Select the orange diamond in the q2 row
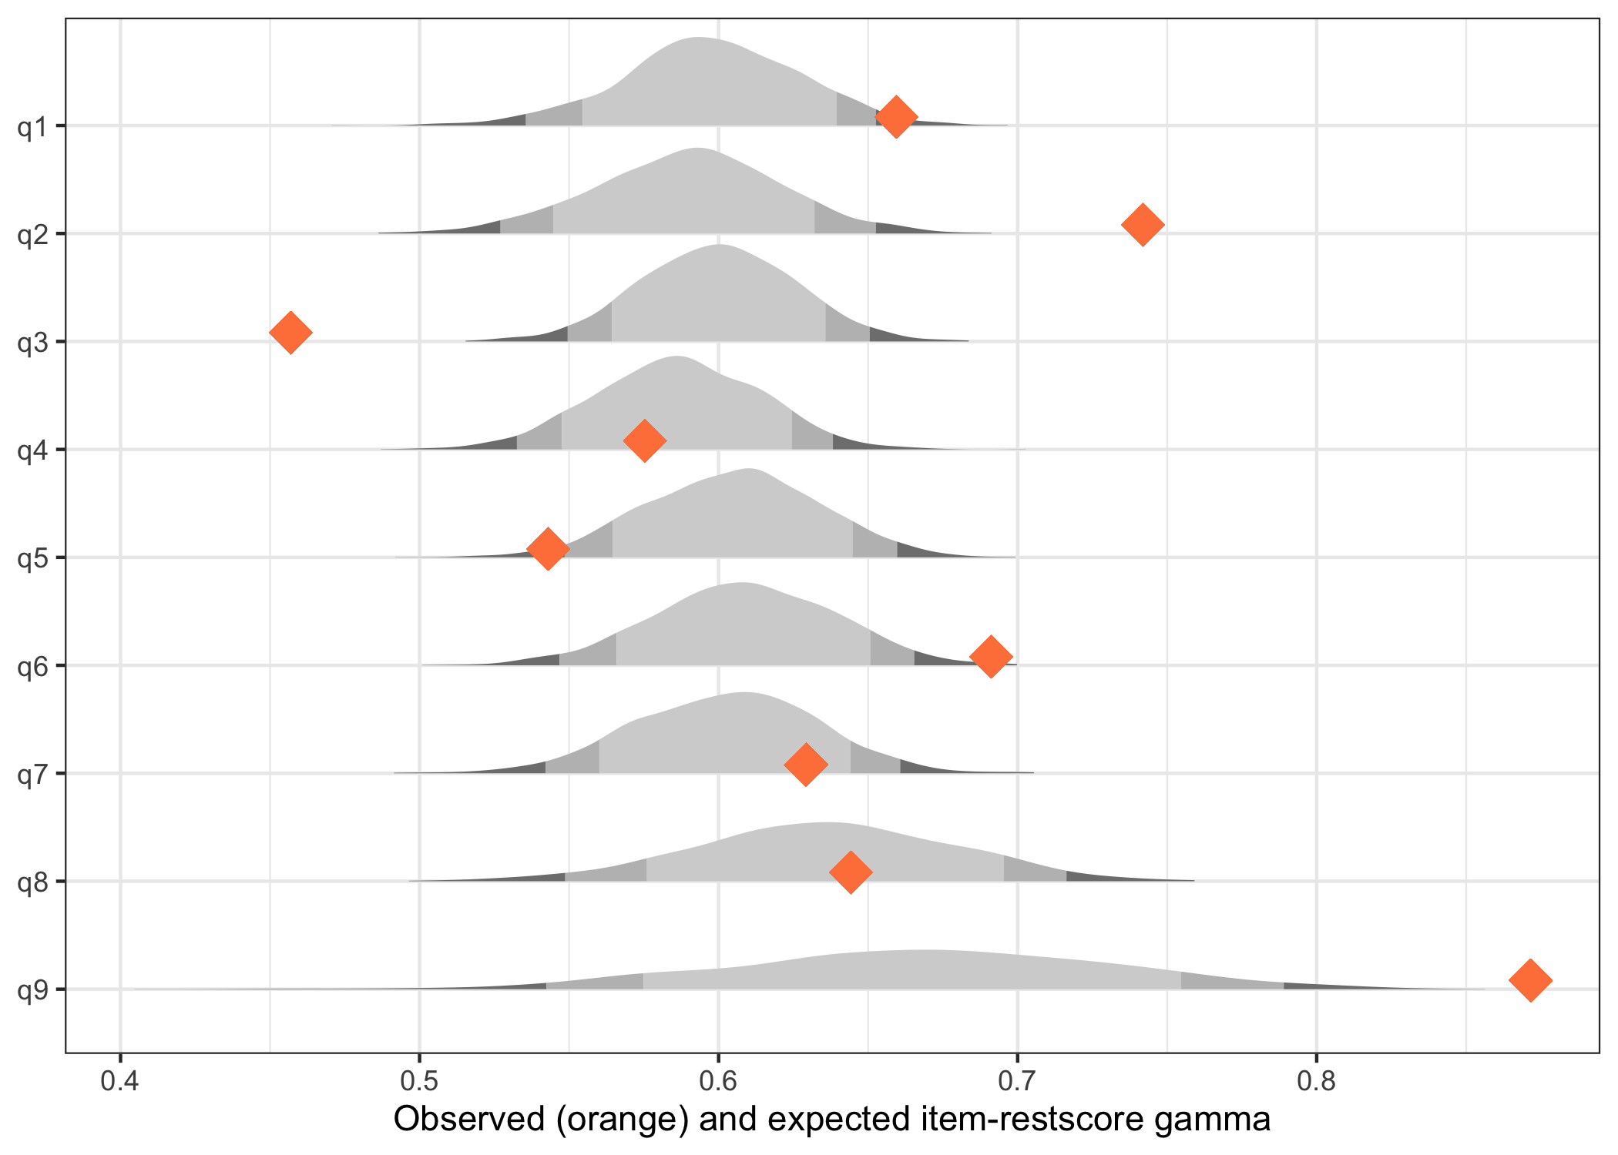click(1143, 225)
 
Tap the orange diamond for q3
click(290, 333)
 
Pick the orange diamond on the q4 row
click(644, 440)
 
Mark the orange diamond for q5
click(548, 549)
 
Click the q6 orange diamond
click(991, 657)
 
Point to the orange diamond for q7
click(805, 765)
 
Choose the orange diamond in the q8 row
click(851, 872)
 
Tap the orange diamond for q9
click(1530, 980)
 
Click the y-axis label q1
click(34, 126)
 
